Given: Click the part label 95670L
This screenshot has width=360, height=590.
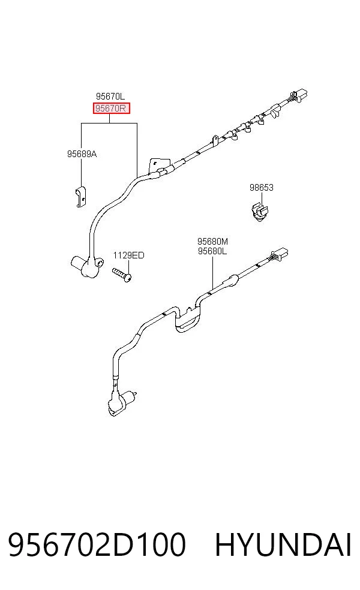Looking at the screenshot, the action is [110, 97].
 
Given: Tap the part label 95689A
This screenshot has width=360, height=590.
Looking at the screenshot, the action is [82, 154].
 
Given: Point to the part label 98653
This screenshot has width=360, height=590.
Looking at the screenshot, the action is [262, 188].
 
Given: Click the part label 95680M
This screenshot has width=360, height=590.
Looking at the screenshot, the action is [212, 241].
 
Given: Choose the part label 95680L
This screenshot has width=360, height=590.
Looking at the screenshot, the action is [212, 251].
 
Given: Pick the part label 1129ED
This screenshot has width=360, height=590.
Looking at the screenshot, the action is [128, 255].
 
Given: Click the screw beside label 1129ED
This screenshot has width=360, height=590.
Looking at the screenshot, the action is [122, 274].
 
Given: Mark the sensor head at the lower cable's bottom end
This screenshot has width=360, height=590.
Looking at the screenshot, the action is [121, 402].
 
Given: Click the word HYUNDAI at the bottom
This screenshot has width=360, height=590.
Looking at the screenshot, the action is [283, 544].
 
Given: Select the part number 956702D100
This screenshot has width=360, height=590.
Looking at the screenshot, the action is [97, 544].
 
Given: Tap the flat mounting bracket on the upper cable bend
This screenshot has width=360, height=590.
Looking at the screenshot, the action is [156, 165].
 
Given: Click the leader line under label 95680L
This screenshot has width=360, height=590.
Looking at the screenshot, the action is [212, 273].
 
